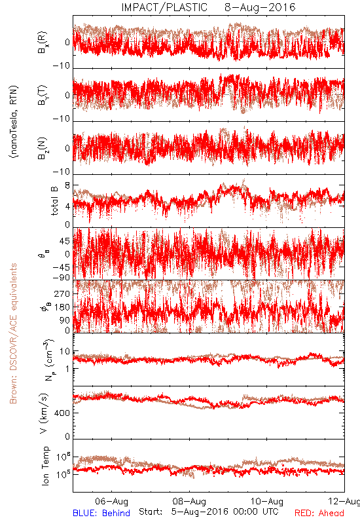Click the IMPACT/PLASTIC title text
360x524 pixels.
pyautogui.click(x=164, y=7)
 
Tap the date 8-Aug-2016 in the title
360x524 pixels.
pyautogui.click(x=260, y=7)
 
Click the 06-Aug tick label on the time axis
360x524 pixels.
pyautogui.click(x=111, y=501)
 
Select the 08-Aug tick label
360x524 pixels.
pyautogui.click(x=189, y=501)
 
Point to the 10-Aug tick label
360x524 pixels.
pyautogui.click(x=267, y=501)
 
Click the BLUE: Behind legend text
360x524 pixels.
pyautogui.click(x=101, y=513)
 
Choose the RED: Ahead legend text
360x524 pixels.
pyautogui.click(x=319, y=513)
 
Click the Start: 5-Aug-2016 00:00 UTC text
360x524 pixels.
pyautogui.click(x=209, y=512)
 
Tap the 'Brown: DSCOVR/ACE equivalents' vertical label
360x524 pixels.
pyautogui.click(x=13, y=333)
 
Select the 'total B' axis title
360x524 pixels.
pyautogui.click(x=54, y=201)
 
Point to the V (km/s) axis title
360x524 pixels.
pyautogui.click(x=44, y=413)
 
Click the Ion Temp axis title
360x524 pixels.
pyautogui.click(x=45, y=466)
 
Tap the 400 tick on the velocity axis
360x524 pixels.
pyautogui.click(x=62, y=413)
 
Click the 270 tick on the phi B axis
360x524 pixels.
pyautogui.click(x=62, y=293)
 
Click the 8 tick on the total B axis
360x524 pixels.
pyautogui.click(x=68, y=186)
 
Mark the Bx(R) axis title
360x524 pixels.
pyautogui.click(x=43, y=43)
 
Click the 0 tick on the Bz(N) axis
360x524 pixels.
pyautogui.click(x=68, y=149)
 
